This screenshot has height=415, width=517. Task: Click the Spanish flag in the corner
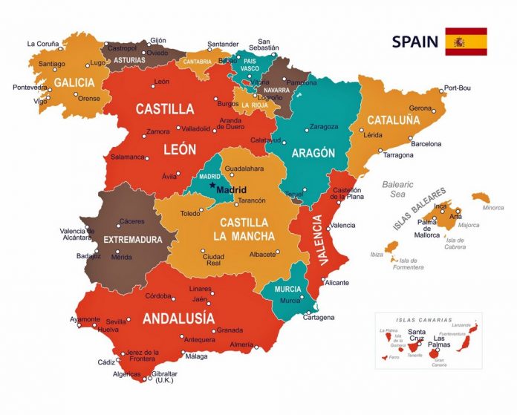[x=466, y=42]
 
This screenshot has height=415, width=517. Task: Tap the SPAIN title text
[x=415, y=42]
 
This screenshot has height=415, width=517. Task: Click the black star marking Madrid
[x=212, y=186]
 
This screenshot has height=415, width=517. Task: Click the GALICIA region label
[x=74, y=82]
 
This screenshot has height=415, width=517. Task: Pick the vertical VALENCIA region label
[x=318, y=240]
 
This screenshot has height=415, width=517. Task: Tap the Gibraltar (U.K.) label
[x=163, y=377]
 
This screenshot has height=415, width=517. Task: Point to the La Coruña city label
[x=42, y=44]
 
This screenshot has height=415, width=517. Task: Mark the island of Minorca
[x=481, y=198]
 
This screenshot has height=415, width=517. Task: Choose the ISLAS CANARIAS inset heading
[x=425, y=319]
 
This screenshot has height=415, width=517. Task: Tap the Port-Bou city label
[x=458, y=89]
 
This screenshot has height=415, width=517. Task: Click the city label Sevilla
[x=116, y=321]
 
